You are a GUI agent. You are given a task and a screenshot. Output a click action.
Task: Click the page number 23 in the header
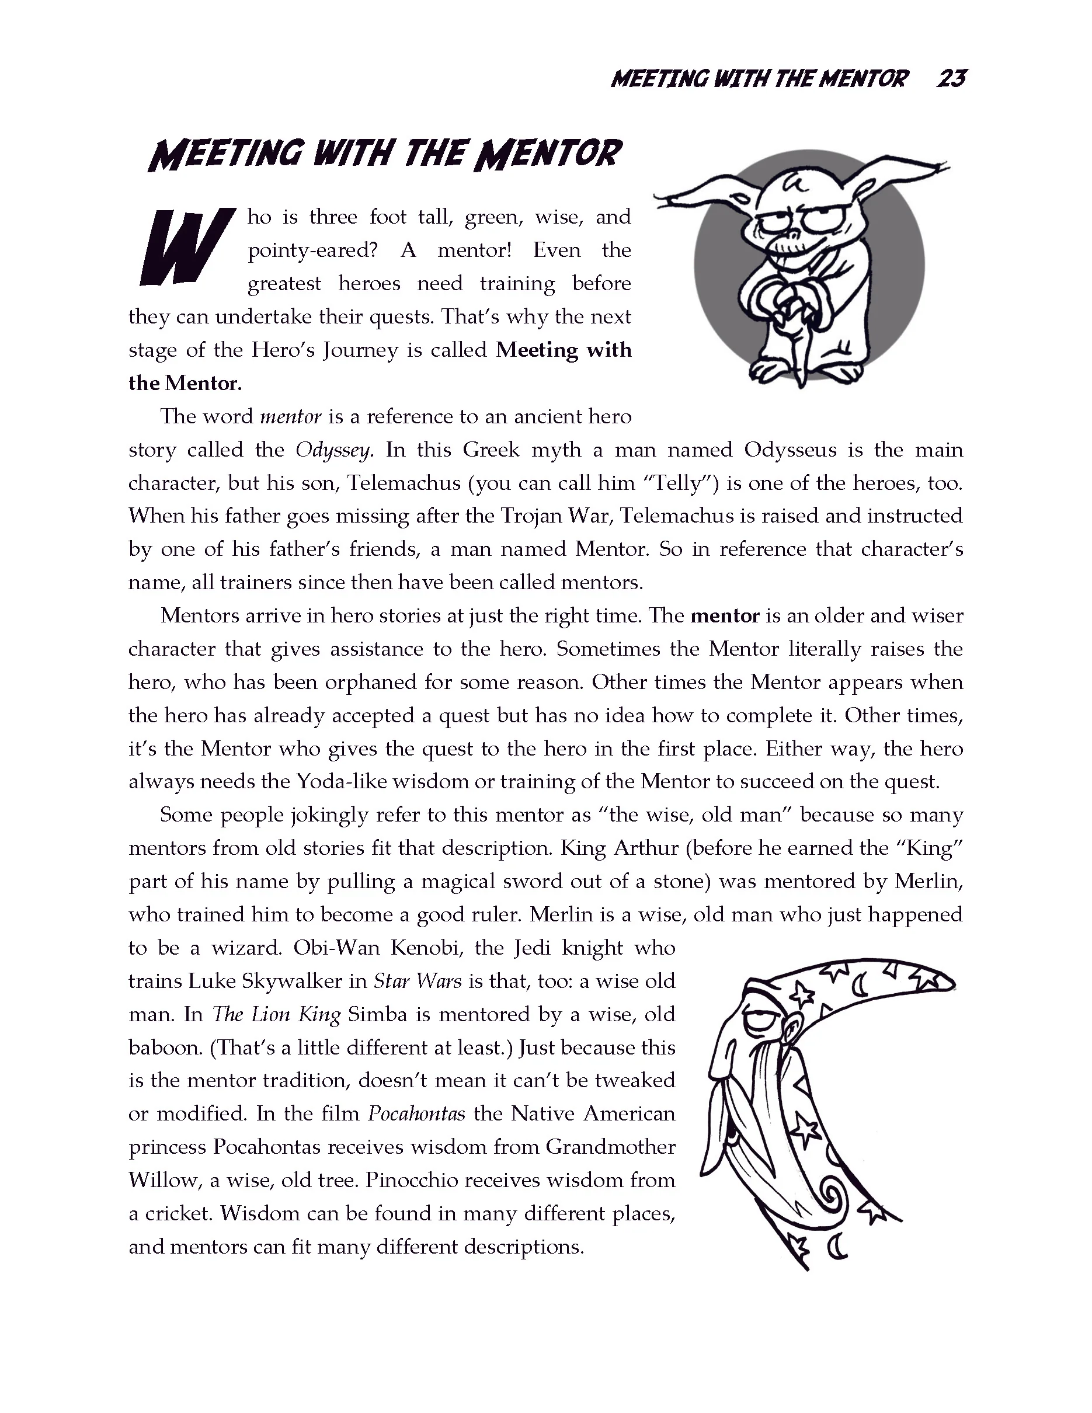coord(951,79)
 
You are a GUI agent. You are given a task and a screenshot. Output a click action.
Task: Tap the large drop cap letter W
coord(185,247)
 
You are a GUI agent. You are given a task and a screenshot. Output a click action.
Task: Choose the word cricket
coord(176,1214)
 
